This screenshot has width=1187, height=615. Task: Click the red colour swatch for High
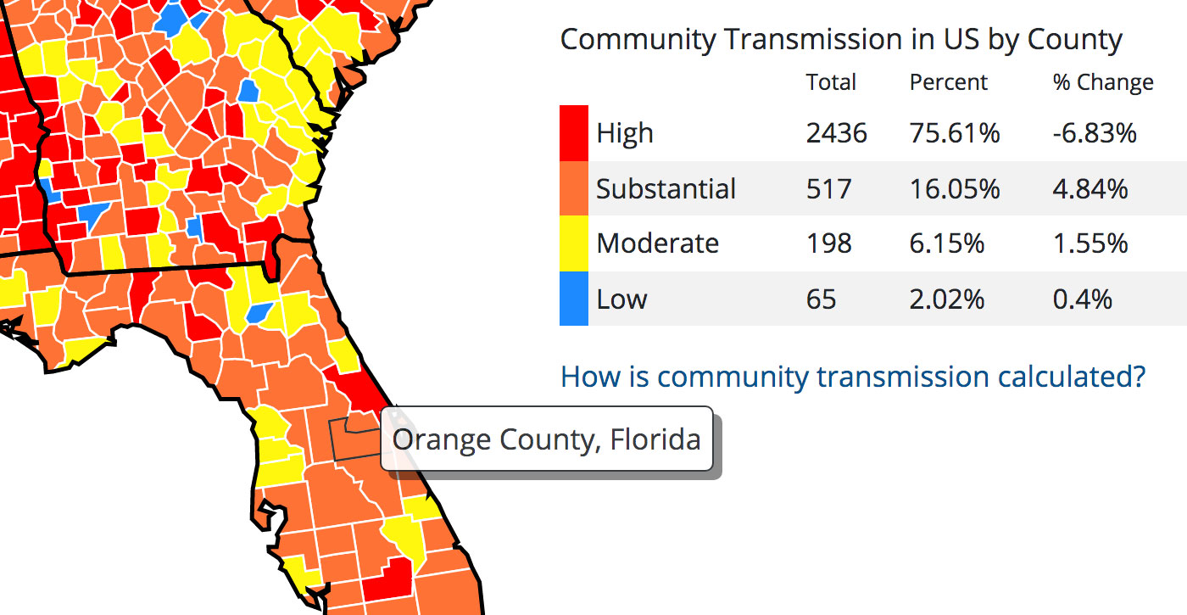pyautogui.click(x=574, y=133)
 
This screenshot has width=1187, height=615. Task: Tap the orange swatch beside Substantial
pyautogui.click(x=574, y=188)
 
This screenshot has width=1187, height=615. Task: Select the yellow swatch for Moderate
pyautogui.click(x=574, y=243)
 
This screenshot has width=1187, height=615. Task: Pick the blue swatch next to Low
pyautogui.click(x=574, y=299)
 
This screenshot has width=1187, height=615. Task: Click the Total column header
pyautogui.click(x=831, y=82)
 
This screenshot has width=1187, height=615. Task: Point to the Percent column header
pyautogui.click(x=949, y=82)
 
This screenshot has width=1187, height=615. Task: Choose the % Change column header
pyautogui.click(x=1103, y=82)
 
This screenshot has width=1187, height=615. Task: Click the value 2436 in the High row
pyautogui.click(x=837, y=133)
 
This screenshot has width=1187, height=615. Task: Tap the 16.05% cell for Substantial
pyautogui.click(x=955, y=188)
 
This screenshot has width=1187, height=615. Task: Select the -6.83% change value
pyautogui.click(x=1095, y=133)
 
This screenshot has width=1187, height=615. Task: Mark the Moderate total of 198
pyautogui.click(x=829, y=243)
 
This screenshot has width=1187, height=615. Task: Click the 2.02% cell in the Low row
pyautogui.click(x=947, y=299)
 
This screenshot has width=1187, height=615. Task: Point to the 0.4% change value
pyautogui.click(x=1083, y=299)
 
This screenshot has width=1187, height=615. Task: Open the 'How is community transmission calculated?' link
pyautogui.click(x=853, y=376)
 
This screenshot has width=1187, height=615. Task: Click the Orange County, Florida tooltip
pyautogui.click(x=547, y=439)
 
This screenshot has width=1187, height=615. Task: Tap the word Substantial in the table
pyautogui.click(x=666, y=188)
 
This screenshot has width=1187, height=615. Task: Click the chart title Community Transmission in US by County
pyautogui.click(x=841, y=39)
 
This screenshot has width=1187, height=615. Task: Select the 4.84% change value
pyautogui.click(x=1090, y=188)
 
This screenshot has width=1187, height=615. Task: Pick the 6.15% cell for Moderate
pyautogui.click(x=947, y=243)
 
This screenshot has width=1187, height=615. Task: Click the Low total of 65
pyautogui.click(x=822, y=299)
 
